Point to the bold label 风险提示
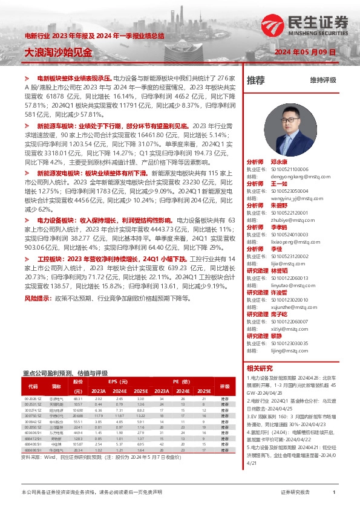38,298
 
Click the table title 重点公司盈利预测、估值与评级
65,373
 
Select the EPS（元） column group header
118,381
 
